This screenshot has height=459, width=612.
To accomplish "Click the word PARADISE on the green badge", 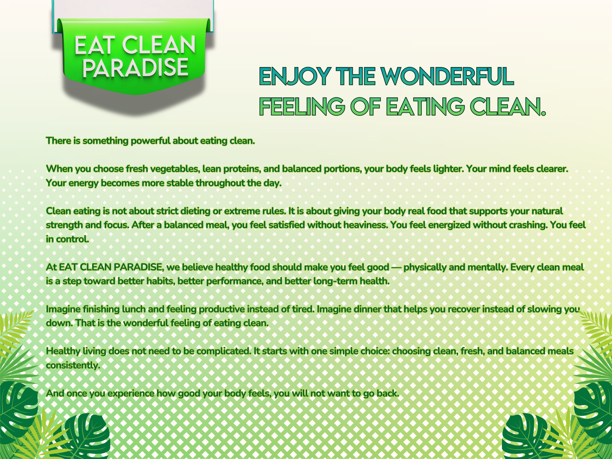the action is pos(135,67).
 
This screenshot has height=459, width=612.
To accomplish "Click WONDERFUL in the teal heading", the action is pos(448,76).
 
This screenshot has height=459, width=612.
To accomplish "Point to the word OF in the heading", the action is pos(366,106).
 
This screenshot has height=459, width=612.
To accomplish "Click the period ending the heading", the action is pos(543,114).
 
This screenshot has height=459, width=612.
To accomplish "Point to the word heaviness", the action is pos(366,225).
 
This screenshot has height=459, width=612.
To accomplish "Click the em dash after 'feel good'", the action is pos(396,267).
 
